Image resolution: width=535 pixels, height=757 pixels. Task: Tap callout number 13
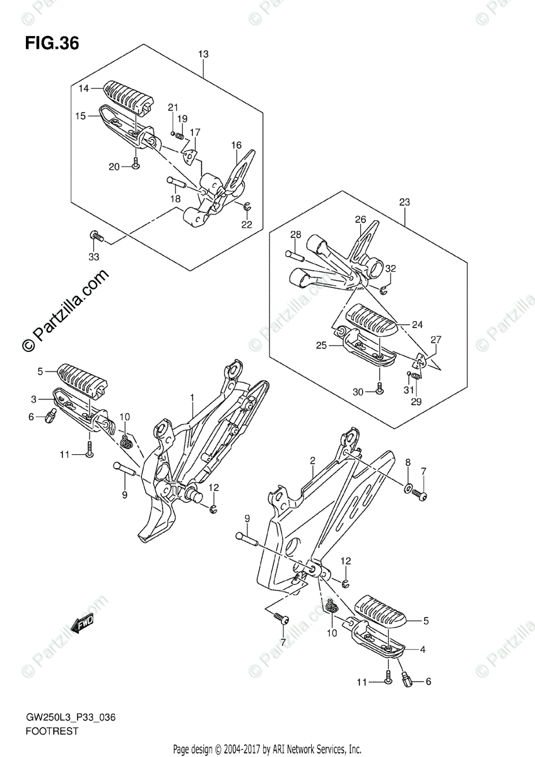click(203, 55)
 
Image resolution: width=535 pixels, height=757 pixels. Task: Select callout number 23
click(405, 202)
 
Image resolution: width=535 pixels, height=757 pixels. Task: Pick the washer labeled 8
click(408, 488)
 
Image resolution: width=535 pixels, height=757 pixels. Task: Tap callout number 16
click(236, 145)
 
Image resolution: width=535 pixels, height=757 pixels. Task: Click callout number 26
click(360, 220)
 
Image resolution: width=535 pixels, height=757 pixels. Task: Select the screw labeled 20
click(136, 165)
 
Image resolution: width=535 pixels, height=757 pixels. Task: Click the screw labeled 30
click(379, 390)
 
